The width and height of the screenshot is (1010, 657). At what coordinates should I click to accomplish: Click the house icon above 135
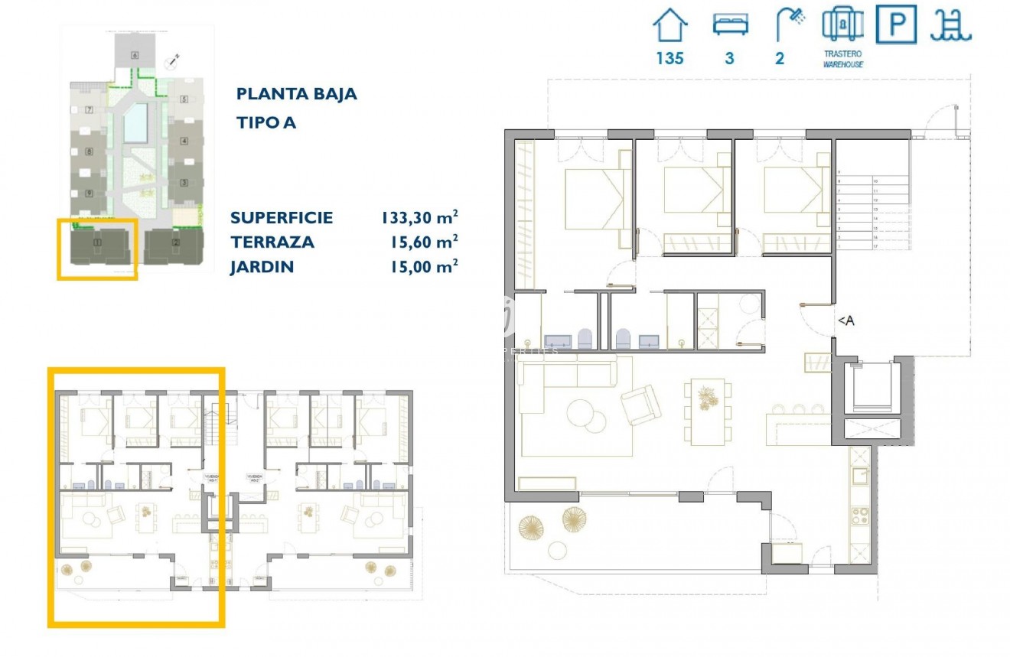click(x=670, y=25)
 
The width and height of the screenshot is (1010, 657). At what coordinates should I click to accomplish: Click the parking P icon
click(x=896, y=24)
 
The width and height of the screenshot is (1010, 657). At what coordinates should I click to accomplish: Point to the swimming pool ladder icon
click(x=950, y=24)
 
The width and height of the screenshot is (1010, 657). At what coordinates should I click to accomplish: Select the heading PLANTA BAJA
click(x=297, y=94)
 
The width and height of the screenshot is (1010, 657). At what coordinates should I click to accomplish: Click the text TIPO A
click(x=266, y=123)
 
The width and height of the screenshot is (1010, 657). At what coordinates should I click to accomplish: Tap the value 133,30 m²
click(x=419, y=218)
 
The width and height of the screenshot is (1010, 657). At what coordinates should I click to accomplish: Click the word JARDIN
click(x=262, y=267)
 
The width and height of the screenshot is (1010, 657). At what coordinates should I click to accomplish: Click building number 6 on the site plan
click(x=135, y=54)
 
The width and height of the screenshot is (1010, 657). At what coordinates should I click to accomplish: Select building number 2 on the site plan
click(x=176, y=243)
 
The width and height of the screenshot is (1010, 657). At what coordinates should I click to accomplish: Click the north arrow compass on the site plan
click(x=175, y=59)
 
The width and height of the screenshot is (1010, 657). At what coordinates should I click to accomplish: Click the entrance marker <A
click(x=845, y=321)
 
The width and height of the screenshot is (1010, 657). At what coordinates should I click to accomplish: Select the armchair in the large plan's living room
click(x=640, y=405)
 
